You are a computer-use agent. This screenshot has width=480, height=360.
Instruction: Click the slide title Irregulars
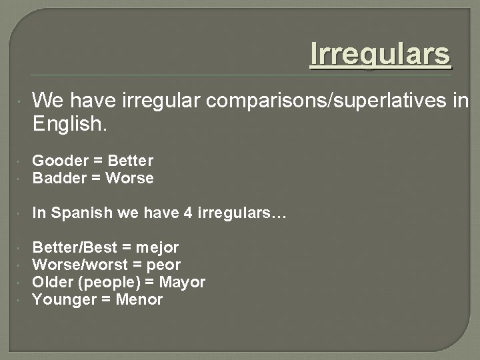381,55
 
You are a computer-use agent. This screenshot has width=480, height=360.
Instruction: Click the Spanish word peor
163,265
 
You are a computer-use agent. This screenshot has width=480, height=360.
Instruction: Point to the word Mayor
182,282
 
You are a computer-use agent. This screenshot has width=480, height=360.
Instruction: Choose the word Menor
139,299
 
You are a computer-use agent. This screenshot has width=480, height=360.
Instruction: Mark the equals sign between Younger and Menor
107,299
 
